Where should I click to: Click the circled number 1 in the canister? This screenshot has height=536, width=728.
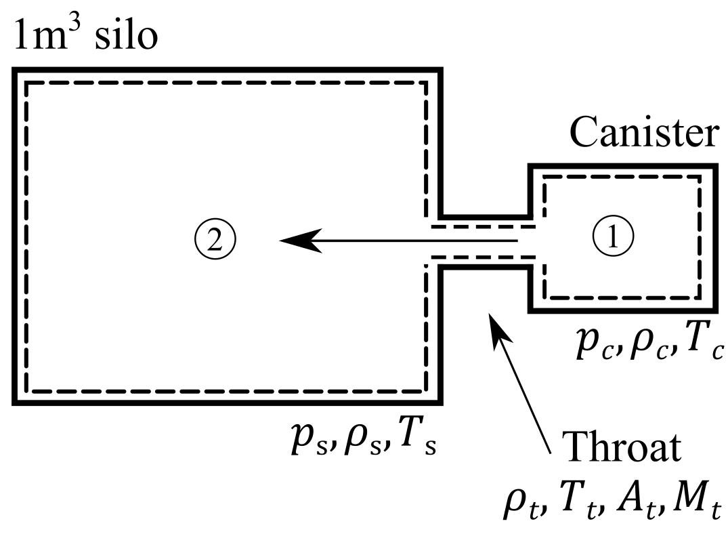tap(614, 238)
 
